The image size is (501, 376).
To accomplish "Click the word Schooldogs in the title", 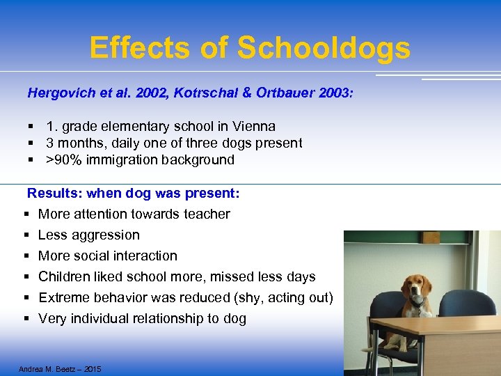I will [x=324, y=48].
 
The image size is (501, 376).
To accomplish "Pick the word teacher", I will [x=207, y=214].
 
